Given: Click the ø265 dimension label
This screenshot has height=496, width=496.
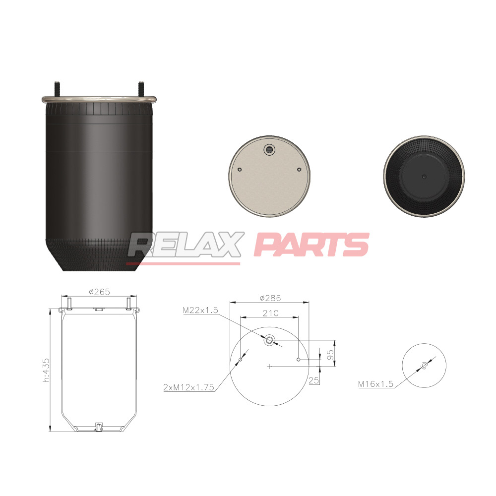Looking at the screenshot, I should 99,292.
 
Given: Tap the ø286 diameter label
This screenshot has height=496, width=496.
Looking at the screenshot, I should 270,298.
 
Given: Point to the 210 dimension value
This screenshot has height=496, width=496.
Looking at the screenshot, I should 270,313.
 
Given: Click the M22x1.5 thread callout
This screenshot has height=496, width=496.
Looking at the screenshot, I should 200,310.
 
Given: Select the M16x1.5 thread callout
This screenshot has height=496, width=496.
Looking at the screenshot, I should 376,384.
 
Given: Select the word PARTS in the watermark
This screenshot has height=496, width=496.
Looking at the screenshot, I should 311,245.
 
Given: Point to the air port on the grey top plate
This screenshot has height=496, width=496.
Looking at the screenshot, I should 269,149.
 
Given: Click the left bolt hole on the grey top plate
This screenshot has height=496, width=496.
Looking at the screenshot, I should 240,170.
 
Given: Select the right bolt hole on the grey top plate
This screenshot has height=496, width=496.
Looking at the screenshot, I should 299,170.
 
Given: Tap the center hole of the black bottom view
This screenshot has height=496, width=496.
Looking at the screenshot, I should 424,177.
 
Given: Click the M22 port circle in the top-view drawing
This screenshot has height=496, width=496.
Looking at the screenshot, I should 269,340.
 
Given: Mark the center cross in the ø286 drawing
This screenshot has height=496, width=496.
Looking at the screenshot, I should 269,367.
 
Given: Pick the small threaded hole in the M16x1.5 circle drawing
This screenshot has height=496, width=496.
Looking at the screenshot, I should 424,366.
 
